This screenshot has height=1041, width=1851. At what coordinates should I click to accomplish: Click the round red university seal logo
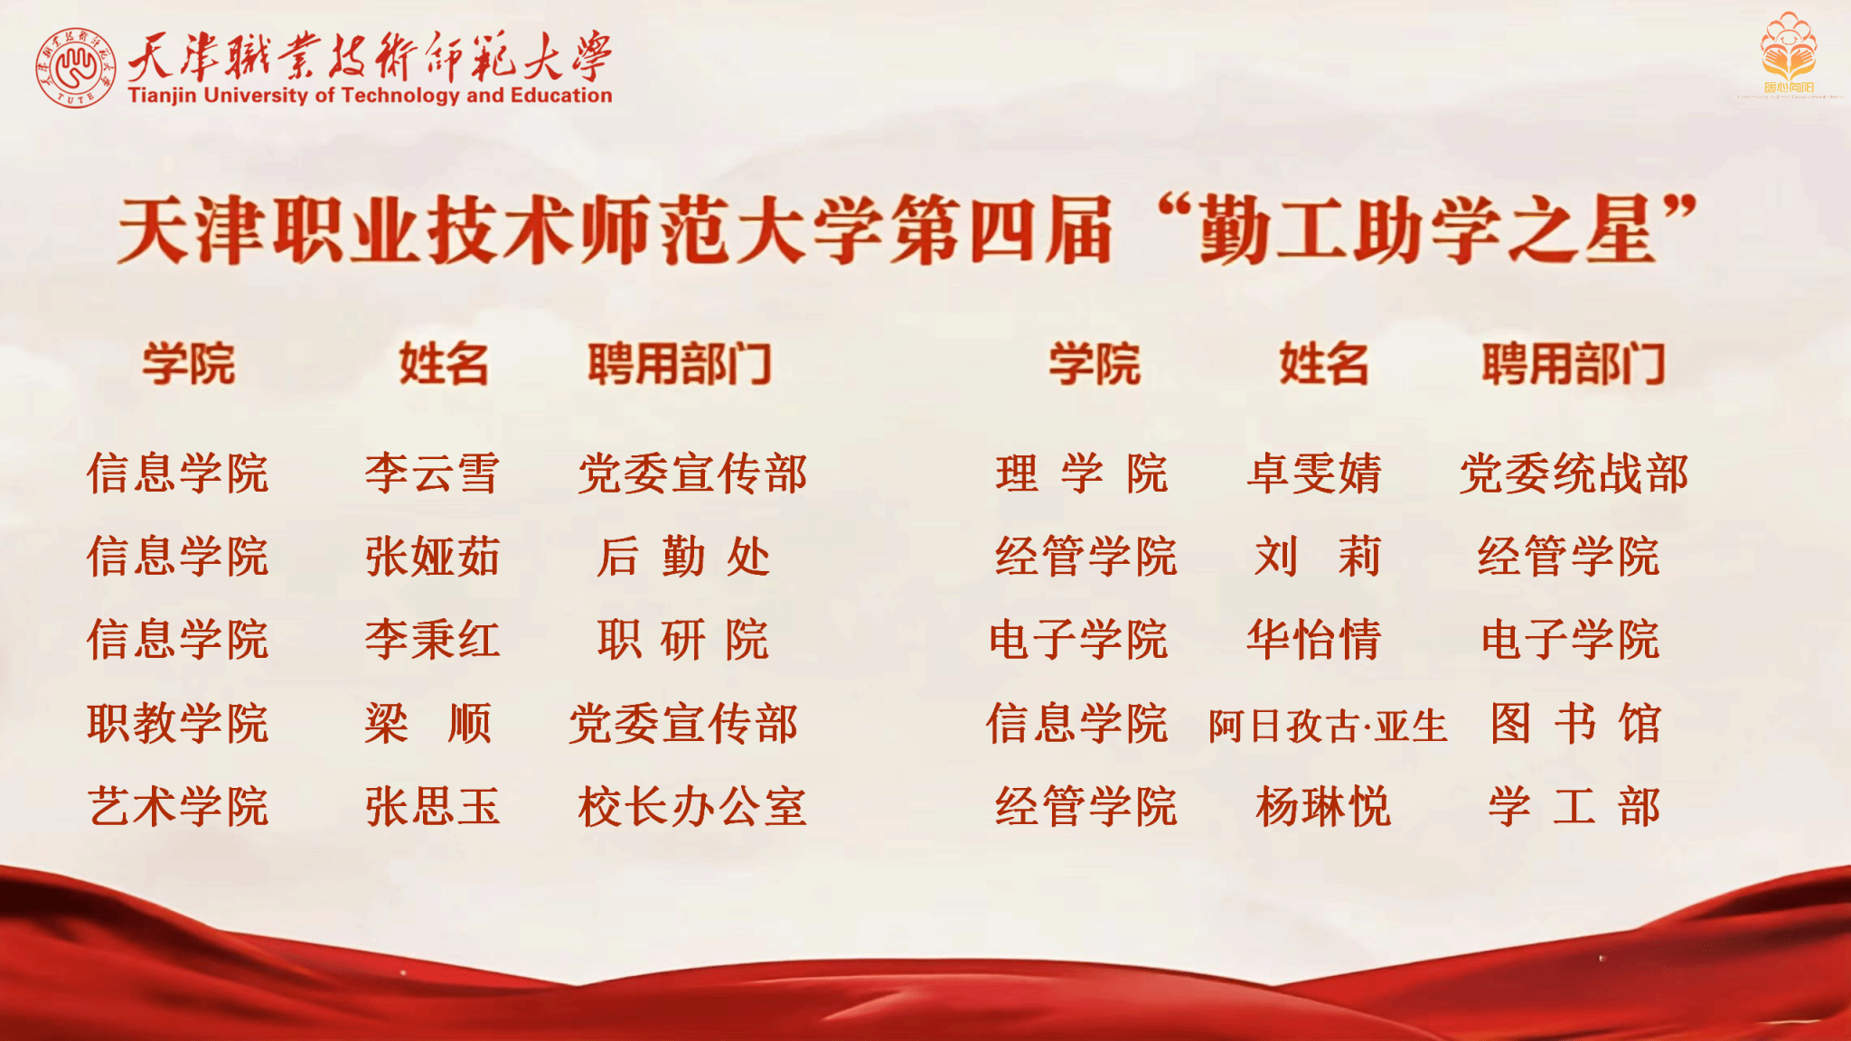click(76, 68)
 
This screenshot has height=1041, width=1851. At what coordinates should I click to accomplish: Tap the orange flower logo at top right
click(1788, 51)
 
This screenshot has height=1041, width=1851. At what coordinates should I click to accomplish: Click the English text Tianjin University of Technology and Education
click(370, 95)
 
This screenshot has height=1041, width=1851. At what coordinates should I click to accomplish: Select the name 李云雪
click(432, 474)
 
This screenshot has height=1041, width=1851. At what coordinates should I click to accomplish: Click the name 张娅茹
click(432, 556)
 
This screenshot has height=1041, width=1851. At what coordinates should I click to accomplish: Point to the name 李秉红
click(432, 640)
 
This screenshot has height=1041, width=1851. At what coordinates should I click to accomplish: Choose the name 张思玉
click(432, 806)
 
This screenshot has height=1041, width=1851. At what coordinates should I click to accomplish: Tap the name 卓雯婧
click(1315, 474)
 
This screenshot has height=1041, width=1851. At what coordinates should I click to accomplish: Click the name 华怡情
click(1315, 640)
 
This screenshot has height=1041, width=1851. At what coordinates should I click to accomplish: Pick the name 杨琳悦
click(1323, 806)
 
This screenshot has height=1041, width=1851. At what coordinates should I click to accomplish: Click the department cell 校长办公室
click(692, 806)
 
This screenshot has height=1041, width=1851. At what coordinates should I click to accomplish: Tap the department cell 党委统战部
click(1574, 474)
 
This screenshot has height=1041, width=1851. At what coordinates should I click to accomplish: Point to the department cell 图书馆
click(1576, 723)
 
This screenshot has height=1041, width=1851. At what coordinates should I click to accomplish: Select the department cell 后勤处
click(683, 556)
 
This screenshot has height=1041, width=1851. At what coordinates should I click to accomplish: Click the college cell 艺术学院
click(178, 806)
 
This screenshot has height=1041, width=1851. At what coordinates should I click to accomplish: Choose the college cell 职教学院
click(178, 723)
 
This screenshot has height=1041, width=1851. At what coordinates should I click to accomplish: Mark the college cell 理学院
click(1082, 474)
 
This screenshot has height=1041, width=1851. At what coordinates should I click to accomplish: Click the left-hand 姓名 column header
click(444, 364)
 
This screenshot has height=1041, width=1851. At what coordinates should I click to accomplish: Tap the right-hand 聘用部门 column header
click(1574, 364)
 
